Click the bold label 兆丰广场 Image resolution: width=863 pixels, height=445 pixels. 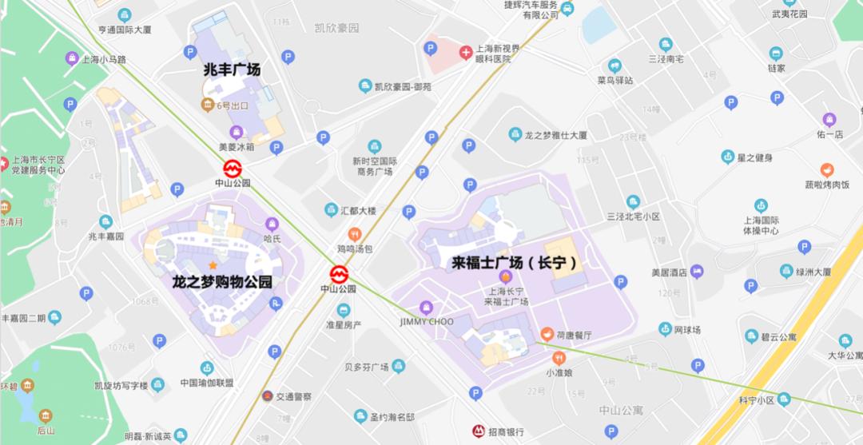click(x=232, y=70)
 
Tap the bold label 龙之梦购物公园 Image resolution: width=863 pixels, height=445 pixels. click(x=222, y=282)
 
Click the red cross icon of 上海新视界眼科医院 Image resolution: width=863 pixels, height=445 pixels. click(x=465, y=52)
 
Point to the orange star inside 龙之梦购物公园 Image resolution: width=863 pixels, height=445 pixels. click(x=213, y=264)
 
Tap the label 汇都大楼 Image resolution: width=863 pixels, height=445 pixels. click(x=357, y=210)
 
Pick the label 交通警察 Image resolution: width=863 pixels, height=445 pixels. click(x=293, y=396)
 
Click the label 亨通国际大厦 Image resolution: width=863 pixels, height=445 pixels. click(x=125, y=30)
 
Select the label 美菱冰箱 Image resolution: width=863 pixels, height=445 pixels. click(x=236, y=147)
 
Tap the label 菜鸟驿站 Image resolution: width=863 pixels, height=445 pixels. click(x=614, y=80)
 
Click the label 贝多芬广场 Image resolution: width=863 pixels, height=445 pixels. click(x=366, y=368)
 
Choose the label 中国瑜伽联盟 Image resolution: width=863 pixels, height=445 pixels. click(x=207, y=383)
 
